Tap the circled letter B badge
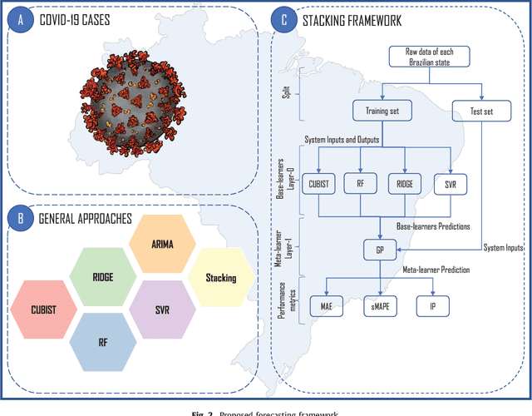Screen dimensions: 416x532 pos(18,219)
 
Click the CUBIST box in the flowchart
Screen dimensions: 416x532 pos(318,185)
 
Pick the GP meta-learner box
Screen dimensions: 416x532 pos(379,248)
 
